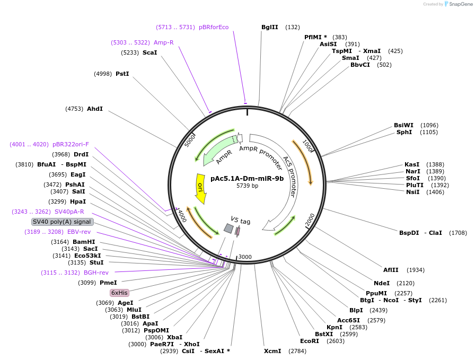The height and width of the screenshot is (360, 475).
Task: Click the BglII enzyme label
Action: (x=270, y=27)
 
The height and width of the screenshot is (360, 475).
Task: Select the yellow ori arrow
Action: (x=200, y=188)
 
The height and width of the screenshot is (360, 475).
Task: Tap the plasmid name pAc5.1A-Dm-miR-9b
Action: (x=247, y=178)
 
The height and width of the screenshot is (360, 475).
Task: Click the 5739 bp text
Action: (x=247, y=186)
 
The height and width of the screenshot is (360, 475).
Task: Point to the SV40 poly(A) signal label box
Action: (x=62, y=222)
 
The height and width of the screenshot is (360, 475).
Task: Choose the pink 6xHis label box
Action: (x=119, y=293)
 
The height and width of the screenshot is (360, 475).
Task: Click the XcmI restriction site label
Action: (x=272, y=351)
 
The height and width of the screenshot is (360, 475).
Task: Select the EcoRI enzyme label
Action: (x=310, y=341)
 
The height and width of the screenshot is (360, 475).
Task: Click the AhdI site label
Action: (x=95, y=109)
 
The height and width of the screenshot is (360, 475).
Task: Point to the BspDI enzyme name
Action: (x=409, y=233)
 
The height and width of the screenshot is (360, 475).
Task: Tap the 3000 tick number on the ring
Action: (x=245, y=257)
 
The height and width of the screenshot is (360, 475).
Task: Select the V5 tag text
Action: (x=240, y=220)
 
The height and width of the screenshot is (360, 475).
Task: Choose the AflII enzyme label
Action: (x=391, y=270)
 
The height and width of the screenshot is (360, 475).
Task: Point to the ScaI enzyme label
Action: (x=150, y=52)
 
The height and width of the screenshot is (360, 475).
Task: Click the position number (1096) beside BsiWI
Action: (x=429, y=125)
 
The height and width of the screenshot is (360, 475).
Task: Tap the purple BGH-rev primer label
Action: (x=96, y=273)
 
